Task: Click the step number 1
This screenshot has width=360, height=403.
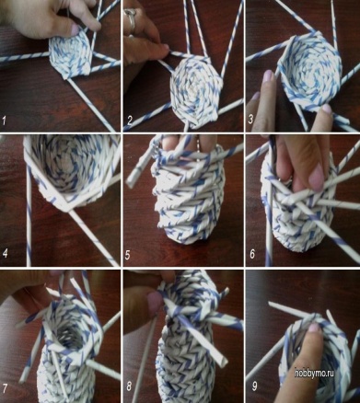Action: (4, 121)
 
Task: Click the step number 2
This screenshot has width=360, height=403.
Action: (129, 121)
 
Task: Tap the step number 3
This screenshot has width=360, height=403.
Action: (250, 119)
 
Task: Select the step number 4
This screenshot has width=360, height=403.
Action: (5, 253)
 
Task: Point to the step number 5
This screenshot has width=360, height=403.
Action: (128, 254)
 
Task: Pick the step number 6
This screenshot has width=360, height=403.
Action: (252, 253)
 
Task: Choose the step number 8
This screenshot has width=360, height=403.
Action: (129, 386)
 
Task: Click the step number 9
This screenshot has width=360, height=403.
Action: (254, 386)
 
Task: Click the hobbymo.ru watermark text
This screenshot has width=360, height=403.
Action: (314, 373)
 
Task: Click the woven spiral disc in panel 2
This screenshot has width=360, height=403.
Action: (195, 91)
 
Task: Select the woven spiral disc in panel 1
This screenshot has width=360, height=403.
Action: (71, 54)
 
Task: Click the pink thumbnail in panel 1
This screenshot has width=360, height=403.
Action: (75, 29)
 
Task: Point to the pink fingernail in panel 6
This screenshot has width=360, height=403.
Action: (316, 177)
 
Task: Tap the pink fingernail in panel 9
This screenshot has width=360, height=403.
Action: (314, 328)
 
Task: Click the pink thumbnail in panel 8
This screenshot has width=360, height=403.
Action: (155, 301)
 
